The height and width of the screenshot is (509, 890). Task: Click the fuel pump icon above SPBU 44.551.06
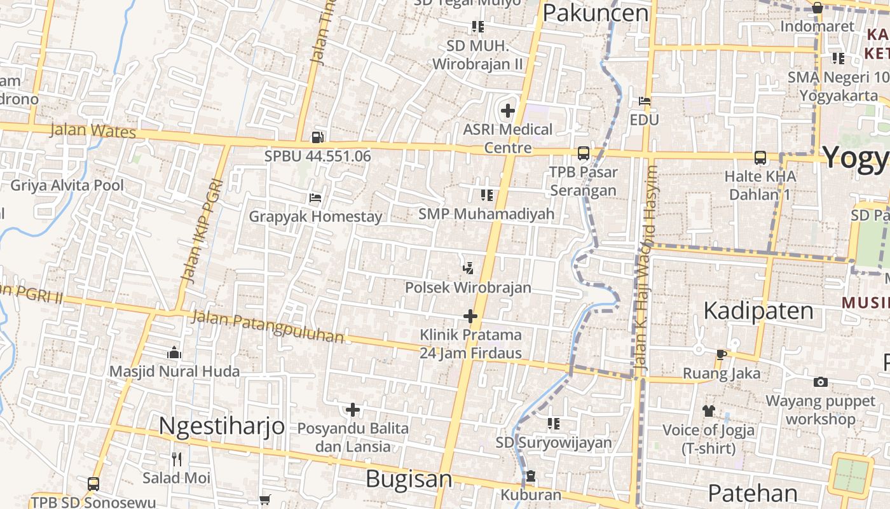[x=317, y=137]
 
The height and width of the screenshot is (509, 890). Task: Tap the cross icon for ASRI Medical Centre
[x=507, y=111]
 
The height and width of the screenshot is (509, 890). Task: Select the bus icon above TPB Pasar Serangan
[x=583, y=153]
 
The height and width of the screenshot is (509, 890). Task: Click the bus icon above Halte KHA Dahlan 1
[x=760, y=157]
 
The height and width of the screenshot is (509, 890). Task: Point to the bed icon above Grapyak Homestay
[x=315, y=197]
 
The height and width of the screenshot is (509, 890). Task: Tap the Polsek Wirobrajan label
[x=468, y=288]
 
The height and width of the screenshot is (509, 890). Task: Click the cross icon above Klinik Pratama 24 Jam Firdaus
[x=470, y=316]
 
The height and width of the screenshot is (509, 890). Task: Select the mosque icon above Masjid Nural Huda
[x=174, y=352]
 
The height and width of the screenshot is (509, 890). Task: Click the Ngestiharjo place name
[x=221, y=426]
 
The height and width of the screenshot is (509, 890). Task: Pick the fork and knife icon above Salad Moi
[x=177, y=458]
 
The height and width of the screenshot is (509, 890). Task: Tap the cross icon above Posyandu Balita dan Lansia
[x=353, y=410]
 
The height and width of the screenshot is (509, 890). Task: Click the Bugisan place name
[x=409, y=479]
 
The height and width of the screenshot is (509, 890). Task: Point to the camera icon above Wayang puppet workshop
[x=821, y=382]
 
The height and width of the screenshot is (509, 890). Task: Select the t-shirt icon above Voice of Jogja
[x=709, y=411]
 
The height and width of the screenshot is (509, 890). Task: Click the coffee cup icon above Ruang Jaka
[x=721, y=354]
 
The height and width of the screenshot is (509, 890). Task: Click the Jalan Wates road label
[x=93, y=130]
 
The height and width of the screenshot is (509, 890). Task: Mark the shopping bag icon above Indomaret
[x=818, y=8]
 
